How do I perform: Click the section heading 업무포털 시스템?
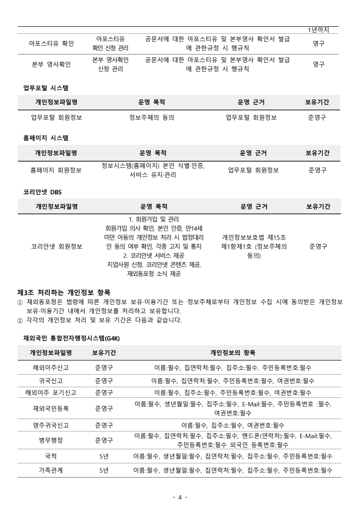tap(45, 86)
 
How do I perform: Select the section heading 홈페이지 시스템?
tap(45, 136)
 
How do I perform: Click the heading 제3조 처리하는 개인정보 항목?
tap(67, 292)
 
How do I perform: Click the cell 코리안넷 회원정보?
tap(56, 247)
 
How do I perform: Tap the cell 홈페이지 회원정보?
tap(56, 170)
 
